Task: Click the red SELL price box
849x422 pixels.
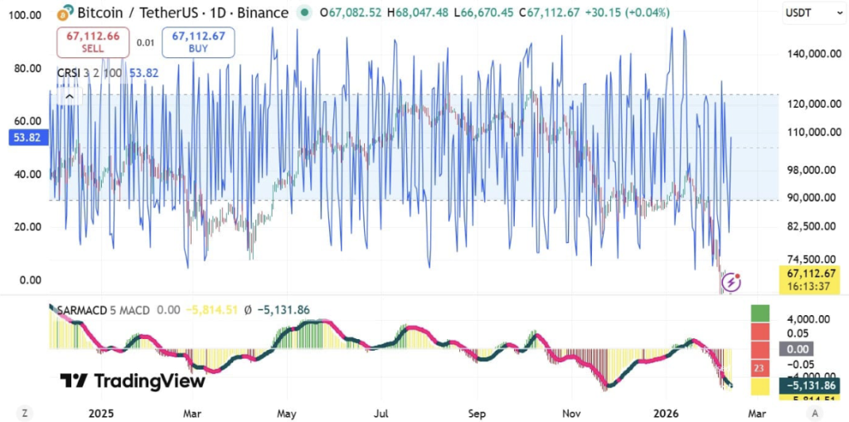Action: (x=91, y=41)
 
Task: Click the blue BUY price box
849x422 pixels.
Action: (x=197, y=41)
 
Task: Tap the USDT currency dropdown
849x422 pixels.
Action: (x=803, y=13)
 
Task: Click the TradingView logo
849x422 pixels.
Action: (x=132, y=381)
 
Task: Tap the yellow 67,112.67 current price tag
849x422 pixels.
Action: (x=813, y=273)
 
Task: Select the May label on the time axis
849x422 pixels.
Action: (x=287, y=412)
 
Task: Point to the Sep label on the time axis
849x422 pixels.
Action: (x=476, y=412)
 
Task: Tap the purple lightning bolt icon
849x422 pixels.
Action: (x=730, y=284)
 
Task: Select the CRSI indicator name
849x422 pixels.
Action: (x=68, y=73)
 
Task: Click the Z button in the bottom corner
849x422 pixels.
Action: (x=26, y=412)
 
